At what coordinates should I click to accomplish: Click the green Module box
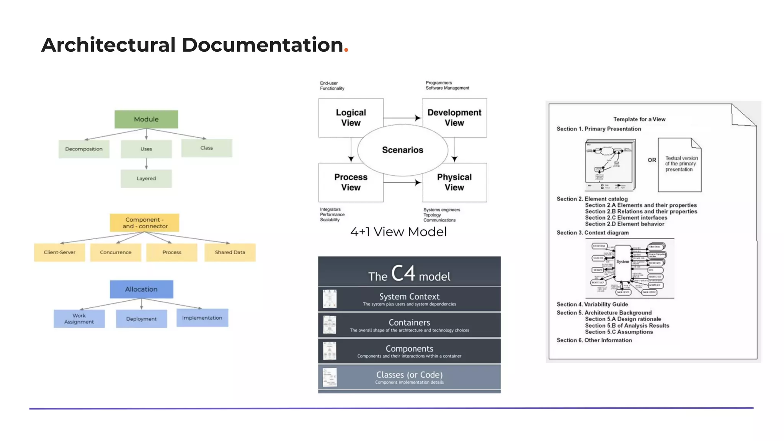tap(146, 119)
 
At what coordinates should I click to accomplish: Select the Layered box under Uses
tap(146, 178)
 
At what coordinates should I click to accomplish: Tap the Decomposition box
tap(84, 149)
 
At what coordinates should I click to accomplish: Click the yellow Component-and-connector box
tap(144, 223)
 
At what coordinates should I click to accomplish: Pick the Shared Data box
tap(230, 252)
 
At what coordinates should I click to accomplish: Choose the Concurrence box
tap(116, 252)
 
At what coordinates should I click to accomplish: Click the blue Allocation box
tap(141, 289)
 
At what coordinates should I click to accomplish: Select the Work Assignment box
tap(79, 318)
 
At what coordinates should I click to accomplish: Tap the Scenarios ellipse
tap(402, 150)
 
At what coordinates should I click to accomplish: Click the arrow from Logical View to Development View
tap(402, 118)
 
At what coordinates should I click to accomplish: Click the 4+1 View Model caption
tap(399, 232)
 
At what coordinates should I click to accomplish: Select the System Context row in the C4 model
tap(409, 299)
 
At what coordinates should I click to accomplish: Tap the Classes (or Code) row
tap(409, 377)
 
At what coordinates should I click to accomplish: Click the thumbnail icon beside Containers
tap(330, 325)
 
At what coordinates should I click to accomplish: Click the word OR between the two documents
tap(652, 160)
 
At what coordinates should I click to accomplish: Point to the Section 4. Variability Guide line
tap(592, 304)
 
